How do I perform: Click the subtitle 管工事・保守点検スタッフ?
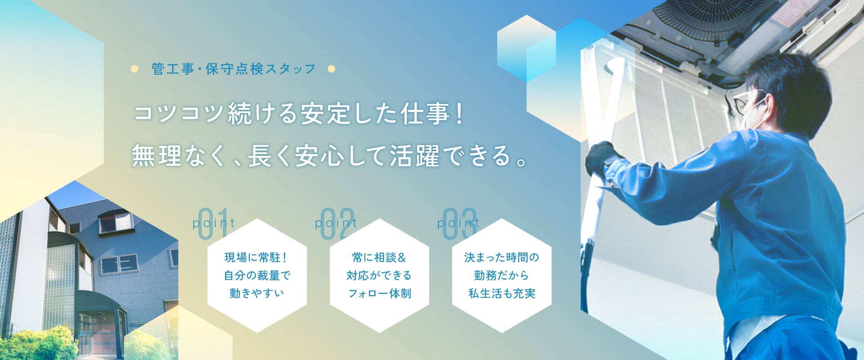[234, 69]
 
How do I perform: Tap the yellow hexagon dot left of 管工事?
[134, 69]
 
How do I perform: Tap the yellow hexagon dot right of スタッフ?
[332, 69]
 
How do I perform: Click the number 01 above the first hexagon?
[213, 224]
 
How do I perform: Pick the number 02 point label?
[336, 224]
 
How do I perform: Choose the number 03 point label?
[459, 224]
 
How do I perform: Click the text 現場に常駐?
[256, 258]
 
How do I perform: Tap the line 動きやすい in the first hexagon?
[256, 293]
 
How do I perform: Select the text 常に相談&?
[379, 258]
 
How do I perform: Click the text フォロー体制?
[379, 293]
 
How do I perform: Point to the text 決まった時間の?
[501, 258]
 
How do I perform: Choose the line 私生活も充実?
[502, 293]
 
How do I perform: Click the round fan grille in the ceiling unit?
[711, 18]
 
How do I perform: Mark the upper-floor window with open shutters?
[116, 221]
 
